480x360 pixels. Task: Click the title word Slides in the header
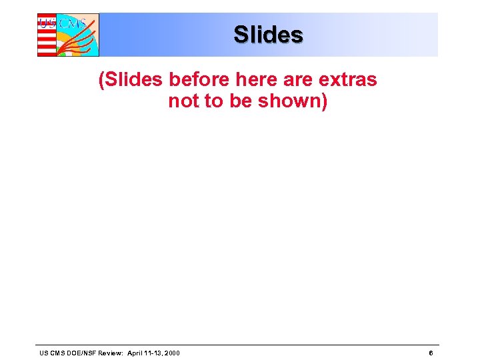click(x=268, y=35)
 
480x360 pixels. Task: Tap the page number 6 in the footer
click(x=431, y=353)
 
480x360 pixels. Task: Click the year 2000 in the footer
click(x=170, y=353)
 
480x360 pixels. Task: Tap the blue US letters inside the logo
click(x=48, y=23)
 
